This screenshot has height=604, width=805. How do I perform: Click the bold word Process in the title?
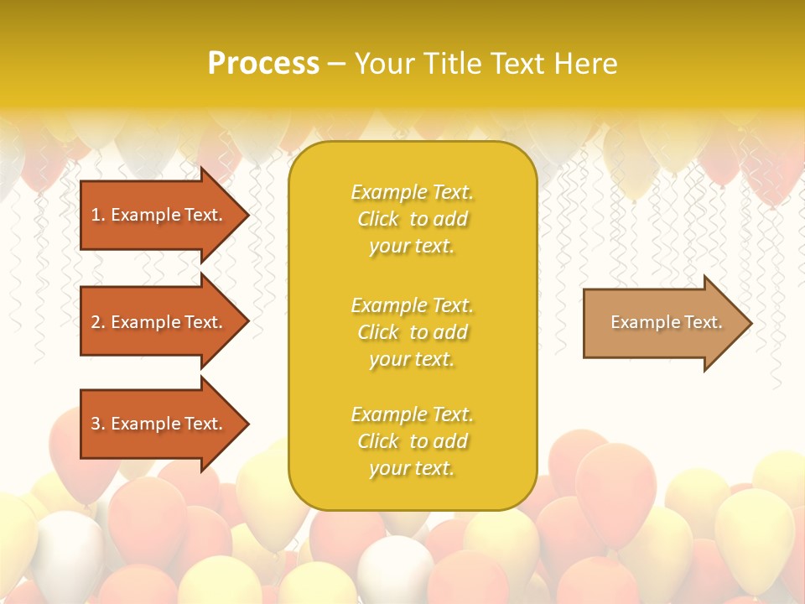point(263,64)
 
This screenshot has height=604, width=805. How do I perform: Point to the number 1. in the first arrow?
point(98,215)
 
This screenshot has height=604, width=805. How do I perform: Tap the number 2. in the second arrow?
point(98,322)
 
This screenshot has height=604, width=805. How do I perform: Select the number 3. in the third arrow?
point(98,424)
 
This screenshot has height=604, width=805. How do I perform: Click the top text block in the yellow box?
point(412,219)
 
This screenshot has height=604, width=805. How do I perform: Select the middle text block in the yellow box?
point(412,332)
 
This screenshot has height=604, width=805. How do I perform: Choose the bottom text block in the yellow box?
point(412,441)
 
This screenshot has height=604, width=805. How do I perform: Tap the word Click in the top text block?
point(378,220)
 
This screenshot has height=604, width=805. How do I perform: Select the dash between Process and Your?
point(336,64)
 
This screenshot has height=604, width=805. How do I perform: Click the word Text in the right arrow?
point(704,322)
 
